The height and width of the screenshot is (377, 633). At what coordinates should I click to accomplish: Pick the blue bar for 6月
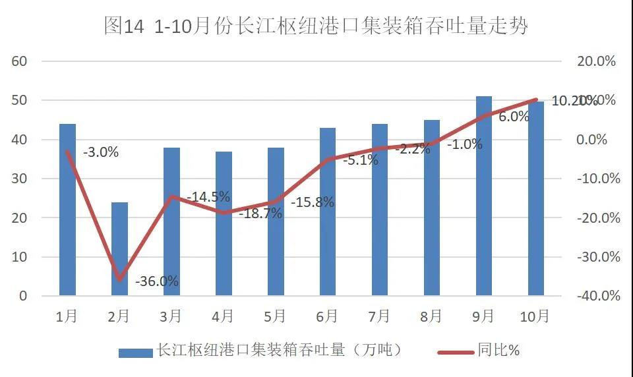click(x=328, y=212)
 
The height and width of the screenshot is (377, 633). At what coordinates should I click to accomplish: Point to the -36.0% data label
click(x=157, y=281)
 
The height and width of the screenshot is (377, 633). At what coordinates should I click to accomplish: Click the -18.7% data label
click(x=260, y=213)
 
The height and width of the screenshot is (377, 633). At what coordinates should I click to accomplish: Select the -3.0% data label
click(x=101, y=152)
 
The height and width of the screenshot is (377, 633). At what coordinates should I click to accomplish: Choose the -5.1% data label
click(x=361, y=159)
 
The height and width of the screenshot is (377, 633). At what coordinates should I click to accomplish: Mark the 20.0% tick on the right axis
click(x=596, y=61)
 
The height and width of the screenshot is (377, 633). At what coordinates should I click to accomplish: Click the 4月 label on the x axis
click(x=223, y=317)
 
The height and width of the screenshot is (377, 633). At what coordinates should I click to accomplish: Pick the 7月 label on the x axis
click(x=379, y=317)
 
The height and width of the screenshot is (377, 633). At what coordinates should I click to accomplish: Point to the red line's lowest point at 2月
click(x=119, y=280)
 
